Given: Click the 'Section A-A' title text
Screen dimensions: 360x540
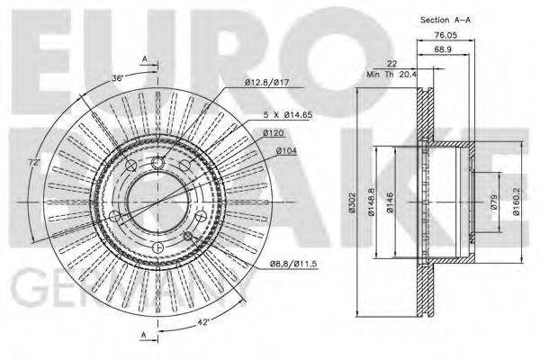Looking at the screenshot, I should pyautogui.click(x=445, y=19).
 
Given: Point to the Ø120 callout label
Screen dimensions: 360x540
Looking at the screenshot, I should pyautogui.click(x=274, y=133).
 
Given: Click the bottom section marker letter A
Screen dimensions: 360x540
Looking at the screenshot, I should pyautogui.click(x=144, y=336).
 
